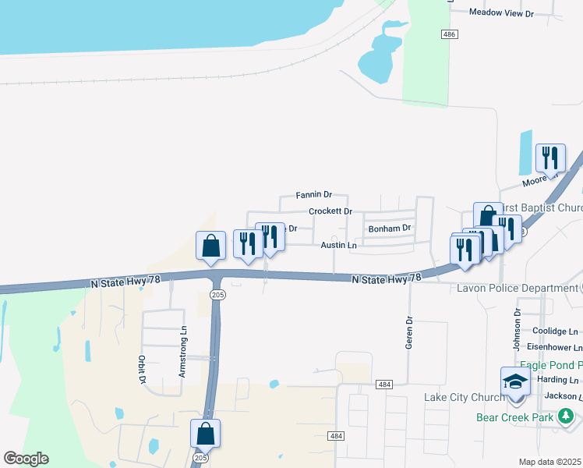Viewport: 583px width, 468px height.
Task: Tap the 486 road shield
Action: pos(448,35)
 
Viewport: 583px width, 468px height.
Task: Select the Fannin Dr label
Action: pos(314,194)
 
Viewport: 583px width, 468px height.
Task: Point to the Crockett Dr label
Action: pos(330,211)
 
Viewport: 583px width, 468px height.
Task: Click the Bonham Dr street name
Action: pos(389,229)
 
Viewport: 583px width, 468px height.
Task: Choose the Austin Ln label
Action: pos(338,245)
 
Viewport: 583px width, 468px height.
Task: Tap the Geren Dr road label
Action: pos(408,331)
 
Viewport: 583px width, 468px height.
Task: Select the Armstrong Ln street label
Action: pos(183,352)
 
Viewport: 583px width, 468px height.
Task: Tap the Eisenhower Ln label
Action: pos(555,348)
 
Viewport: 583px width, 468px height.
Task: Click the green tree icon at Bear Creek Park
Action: pos(566,417)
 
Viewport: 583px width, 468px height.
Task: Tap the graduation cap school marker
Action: pos(515,382)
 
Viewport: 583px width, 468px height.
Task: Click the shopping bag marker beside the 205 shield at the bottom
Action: pos(205,434)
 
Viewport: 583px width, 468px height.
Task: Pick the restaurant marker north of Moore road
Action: pos(551,158)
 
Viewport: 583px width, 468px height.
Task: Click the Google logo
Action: pos(26,459)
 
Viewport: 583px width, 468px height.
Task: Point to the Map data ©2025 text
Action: pos(550,462)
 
